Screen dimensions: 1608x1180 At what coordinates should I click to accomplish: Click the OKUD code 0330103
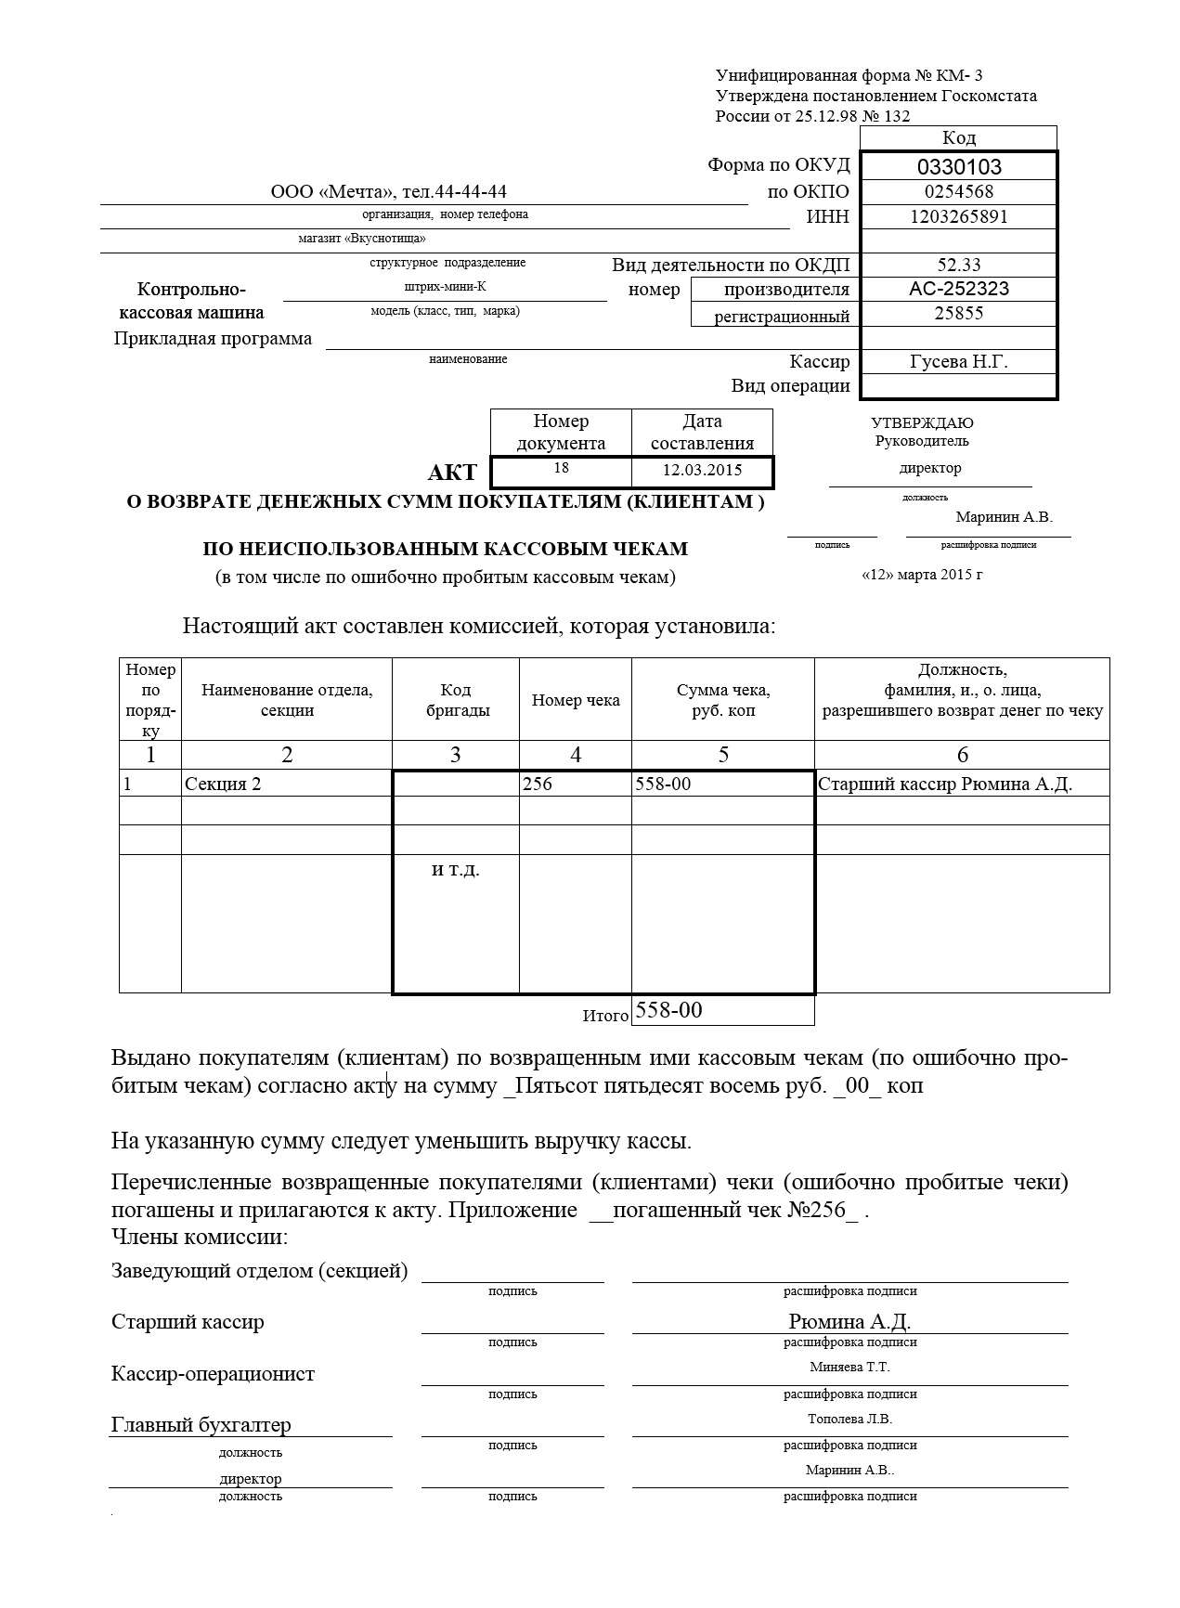[x=959, y=167]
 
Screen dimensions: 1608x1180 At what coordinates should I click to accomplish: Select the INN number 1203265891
[x=959, y=217]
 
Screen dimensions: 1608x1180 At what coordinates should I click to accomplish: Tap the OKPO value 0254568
[x=959, y=192]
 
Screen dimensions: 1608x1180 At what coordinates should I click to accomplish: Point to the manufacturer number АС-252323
[x=959, y=289]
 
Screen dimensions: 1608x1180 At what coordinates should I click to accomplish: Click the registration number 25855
[x=959, y=314]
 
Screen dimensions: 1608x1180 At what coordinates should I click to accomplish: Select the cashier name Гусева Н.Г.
[x=959, y=362]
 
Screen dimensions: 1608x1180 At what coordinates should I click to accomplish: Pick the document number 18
[x=561, y=468]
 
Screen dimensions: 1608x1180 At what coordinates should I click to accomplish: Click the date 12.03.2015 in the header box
[x=702, y=470]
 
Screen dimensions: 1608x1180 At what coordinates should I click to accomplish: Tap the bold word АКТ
[x=452, y=473]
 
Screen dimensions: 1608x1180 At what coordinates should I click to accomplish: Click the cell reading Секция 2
[x=223, y=784]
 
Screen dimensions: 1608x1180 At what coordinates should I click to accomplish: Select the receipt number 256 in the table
[x=538, y=784]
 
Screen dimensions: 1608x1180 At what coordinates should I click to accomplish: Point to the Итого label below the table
[x=605, y=1016]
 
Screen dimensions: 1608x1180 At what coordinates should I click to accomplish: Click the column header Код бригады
[x=455, y=700]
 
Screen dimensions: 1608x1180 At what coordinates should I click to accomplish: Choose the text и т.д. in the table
[x=456, y=870]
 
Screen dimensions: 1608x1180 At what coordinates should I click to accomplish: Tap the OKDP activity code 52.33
[x=959, y=266]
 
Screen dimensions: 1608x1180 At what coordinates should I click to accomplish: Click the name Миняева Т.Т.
[x=849, y=1367]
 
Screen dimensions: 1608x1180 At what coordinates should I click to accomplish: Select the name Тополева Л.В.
[x=849, y=1419]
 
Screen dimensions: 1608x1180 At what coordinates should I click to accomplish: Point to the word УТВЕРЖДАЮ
[x=922, y=423]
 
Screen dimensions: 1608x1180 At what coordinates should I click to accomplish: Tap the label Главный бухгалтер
[x=201, y=1424]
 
